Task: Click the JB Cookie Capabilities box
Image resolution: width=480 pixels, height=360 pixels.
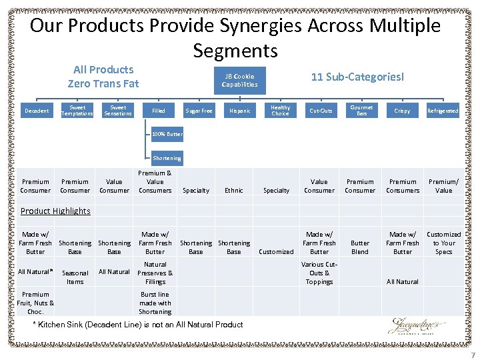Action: coord(239,81)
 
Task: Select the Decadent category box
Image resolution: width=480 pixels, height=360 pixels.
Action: coord(36,111)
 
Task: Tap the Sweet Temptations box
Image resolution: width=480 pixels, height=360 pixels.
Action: coord(77,111)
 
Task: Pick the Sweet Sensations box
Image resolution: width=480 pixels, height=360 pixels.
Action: coord(118,111)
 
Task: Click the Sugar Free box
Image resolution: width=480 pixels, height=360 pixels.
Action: coord(199,111)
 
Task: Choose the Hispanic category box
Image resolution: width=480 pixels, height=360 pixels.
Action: coord(239,111)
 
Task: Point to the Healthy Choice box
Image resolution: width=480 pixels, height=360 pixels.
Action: coord(281,111)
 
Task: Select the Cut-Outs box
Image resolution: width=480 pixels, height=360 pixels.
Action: coord(321,111)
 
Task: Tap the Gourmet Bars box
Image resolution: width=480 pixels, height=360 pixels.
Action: coord(361,111)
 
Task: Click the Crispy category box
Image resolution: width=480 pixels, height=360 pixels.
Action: coord(402,111)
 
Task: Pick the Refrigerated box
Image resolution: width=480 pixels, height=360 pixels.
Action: coord(443,111)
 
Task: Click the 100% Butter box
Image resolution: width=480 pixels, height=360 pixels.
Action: coord(167,134)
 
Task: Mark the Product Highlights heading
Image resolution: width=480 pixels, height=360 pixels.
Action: coord(55,211)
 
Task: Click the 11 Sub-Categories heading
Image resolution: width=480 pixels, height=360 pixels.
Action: coord(357,77)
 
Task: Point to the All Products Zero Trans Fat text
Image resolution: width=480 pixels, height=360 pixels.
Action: coord(103,77)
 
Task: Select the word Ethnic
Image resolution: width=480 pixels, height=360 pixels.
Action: coord(234,190)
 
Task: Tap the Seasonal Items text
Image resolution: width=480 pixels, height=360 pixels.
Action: coord(75,277)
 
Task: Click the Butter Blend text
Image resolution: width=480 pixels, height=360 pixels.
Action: coord(360,247)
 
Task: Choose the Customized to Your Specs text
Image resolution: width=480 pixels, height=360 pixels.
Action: coord(443,243)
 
